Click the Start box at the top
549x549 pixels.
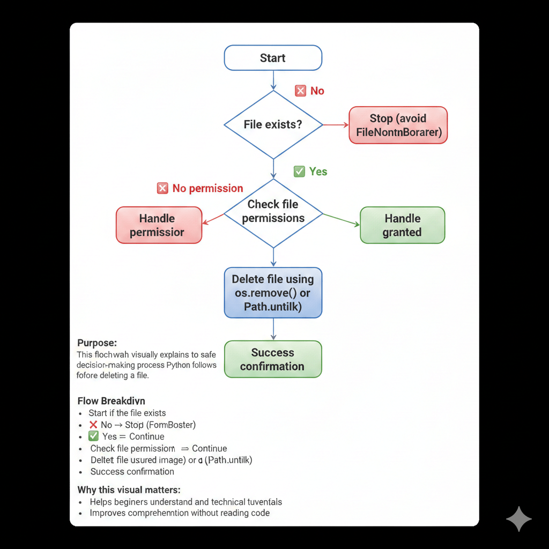(x=273, y=58)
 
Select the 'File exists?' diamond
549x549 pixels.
(x=273, y=124)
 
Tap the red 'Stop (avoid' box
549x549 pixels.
(x=398, y=125)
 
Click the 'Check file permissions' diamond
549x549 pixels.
(x=273, y=212)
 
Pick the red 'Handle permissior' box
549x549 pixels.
(x=159, y=225)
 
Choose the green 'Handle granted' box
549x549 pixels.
(x=402, y=225)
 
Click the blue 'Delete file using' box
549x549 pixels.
(x=273, y=293)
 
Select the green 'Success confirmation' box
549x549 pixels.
(x=273, y=359)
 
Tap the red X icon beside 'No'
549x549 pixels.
(x=300, y=91)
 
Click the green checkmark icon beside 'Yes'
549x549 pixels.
(x=299, y=172)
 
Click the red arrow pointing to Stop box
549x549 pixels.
(x=336, y=125)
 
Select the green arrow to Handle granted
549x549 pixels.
(x=342, y=220)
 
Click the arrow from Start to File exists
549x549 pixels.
(x=273, y=80)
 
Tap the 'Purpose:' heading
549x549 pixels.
(x=97, y=343)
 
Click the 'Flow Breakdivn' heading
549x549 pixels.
(x=111, y=400)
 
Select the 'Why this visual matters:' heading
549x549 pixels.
(x=129, y=489)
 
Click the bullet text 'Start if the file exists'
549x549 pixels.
(x=127, y=413)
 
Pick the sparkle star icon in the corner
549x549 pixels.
(x=518, y=519)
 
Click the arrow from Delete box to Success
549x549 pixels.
(x=273, y=329)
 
